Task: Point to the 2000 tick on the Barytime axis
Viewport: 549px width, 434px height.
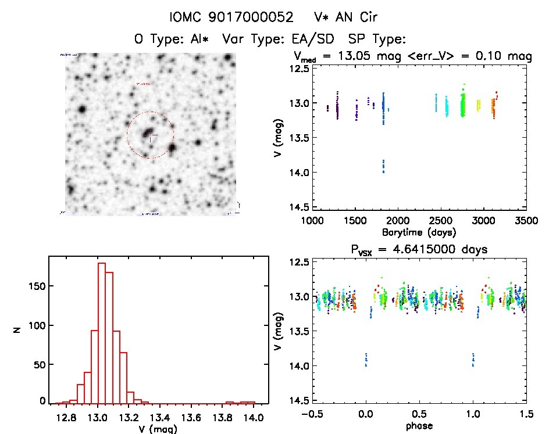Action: pos(398,221)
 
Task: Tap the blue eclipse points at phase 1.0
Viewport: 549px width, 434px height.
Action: pos(473,360)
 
